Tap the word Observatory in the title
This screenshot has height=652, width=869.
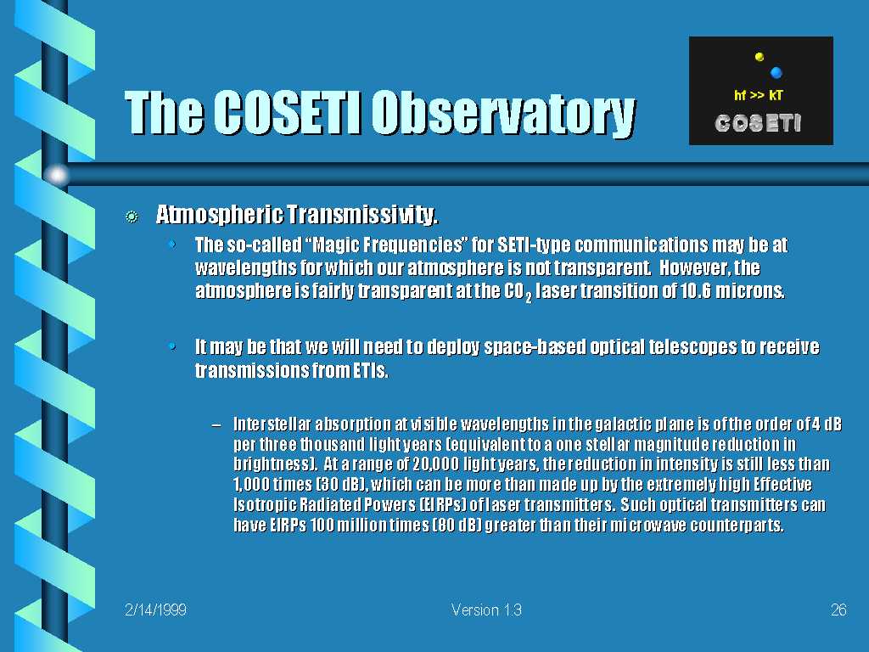[503, 115]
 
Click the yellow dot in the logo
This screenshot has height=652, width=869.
[760, 56]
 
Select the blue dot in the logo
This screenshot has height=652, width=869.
[776, 72]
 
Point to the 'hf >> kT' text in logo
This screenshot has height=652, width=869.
[758, 95]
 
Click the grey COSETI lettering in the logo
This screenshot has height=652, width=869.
[758, 123]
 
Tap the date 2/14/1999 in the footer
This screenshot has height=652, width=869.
[156, 610]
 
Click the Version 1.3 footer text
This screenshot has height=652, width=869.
[486, 610]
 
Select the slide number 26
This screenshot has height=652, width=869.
[838, 610]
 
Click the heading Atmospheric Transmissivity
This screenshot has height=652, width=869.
[297, 215]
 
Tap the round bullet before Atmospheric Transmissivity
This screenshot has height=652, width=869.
[132, 216]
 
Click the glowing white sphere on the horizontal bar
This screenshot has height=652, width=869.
[57, 175]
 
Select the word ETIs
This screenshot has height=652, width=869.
[371, 370]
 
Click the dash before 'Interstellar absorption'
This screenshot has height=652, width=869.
[216, 425]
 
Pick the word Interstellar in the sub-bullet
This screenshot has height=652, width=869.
[272, 424]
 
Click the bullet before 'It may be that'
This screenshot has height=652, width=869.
[172, 346]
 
